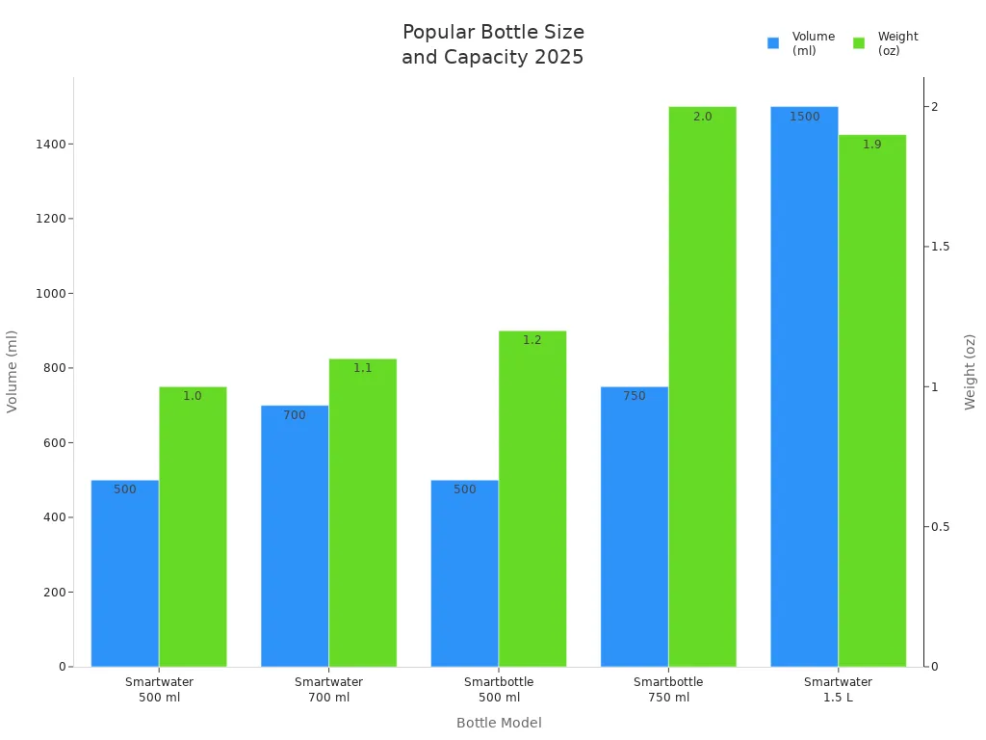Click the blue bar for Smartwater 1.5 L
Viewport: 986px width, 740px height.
click(x=804, y=385)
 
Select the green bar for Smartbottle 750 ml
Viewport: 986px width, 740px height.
click(x=702, y=385)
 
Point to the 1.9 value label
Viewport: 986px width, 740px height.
click(x=871, y=145)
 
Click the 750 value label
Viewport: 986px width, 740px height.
click(x=634, y=396)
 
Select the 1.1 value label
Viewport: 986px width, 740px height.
click(x=362, y=368)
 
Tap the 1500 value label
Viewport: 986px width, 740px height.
click(x=804, y=117)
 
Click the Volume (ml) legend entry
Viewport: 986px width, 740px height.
click(x=801, y=43)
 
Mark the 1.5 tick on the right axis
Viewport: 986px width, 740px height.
click(x=940, y=247)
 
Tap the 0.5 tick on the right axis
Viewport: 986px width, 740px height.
click(x=940, y=527)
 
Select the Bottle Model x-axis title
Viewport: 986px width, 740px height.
click(x=499, y=723)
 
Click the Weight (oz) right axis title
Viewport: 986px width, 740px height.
click(x=970, y=372)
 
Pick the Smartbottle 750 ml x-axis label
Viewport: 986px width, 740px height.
click(x=668, y=690)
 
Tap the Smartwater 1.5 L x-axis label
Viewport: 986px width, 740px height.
click(x=838, y=690)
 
